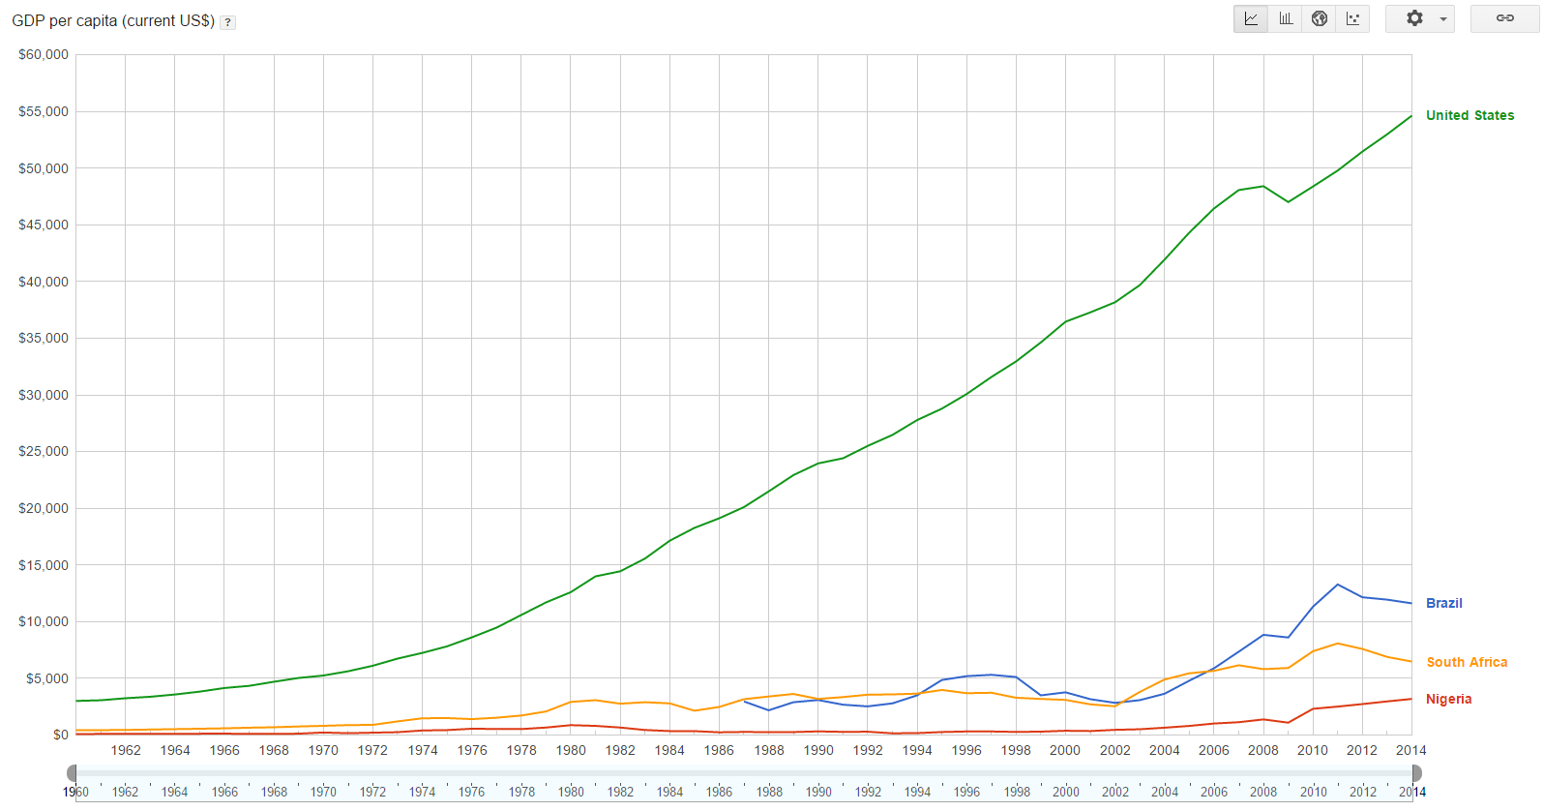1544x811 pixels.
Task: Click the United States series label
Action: click(1470, 115)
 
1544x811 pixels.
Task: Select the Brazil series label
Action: click(1443, 603)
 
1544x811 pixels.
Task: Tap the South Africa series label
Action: click(1467, 662)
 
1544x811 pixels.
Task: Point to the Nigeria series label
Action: click(1448, 699)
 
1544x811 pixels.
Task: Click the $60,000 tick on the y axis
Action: click(44, 55)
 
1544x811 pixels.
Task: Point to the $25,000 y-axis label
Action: click(44, 452)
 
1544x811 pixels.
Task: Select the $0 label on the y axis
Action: click(60, 736)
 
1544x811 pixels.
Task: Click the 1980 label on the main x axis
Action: click(571, 750)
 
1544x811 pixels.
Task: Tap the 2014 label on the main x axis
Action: click(1410, 750)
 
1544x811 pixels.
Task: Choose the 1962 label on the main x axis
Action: click(126, 750)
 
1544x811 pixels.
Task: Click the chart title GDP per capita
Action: click(113, 20)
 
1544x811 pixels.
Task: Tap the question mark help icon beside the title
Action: click(227, 22)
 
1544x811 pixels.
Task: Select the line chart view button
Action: click(1251, 18)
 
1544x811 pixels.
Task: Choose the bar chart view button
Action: click(1286, 18)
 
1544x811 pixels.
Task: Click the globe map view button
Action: click(1320, 18)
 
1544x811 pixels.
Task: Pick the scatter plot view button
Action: click(1353, 18)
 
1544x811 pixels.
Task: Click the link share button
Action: click(1504, 18)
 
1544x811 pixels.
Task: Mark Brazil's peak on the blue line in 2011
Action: click(1338, 585)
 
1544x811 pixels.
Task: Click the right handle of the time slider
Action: click(1416, 772)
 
